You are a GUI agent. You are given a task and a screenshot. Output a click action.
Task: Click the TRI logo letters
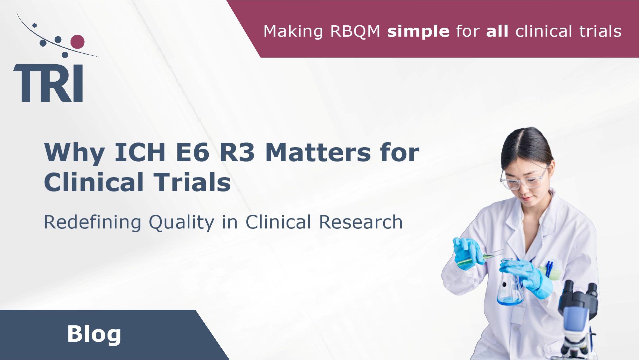[x=48, y=83]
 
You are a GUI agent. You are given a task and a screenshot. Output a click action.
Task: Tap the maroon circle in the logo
[x=78, y=42]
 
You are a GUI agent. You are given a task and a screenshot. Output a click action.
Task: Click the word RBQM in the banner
[x=355, y=31]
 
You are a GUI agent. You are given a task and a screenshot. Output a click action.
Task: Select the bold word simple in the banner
[x=418, y=31]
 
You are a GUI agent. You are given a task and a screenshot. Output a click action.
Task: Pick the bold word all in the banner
[x=497, y=31]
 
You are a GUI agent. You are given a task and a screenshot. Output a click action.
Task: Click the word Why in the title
[x=75, y=153]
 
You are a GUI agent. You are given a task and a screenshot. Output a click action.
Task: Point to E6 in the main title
[x=193, y=153]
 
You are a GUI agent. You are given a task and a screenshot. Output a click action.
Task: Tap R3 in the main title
[x=237, y=153]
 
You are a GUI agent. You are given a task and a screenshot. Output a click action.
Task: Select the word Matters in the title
[x=318, y=153]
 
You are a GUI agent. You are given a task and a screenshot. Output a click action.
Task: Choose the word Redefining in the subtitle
[x=93, y=222]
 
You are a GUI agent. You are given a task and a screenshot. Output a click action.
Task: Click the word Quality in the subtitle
[x=181, y=222]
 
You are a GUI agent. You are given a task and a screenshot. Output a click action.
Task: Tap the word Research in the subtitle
[x=361, y=222]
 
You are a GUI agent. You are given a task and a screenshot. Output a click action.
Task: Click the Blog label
[x=94, y=334]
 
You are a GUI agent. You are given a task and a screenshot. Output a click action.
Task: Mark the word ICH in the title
[x=140, y=153]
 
